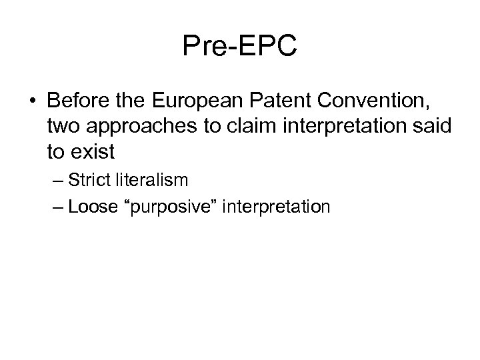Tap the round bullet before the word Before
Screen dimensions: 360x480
(33, 104)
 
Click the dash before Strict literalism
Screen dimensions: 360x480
(57, 181)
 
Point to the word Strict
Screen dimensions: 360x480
(87, 180)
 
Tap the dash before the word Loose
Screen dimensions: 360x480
(57, 207)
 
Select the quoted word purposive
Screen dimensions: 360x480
(176, 207)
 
